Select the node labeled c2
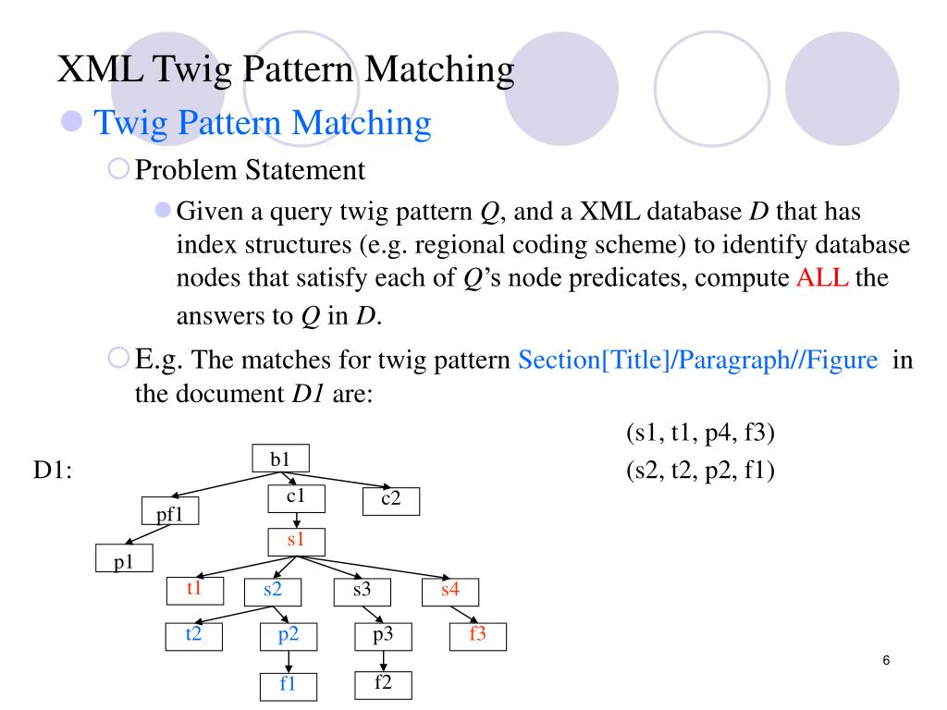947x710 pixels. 389,500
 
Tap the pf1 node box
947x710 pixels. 170,512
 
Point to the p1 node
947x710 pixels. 124,559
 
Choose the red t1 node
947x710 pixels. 194,589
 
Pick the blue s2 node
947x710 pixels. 272,590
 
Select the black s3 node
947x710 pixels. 361,590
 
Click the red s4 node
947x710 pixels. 449,590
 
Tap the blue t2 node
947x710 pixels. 194,635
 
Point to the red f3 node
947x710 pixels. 477,636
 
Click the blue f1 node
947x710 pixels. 288,685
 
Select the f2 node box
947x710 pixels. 383,684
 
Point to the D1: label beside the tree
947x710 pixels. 53,471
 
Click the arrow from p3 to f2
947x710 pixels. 383,660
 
